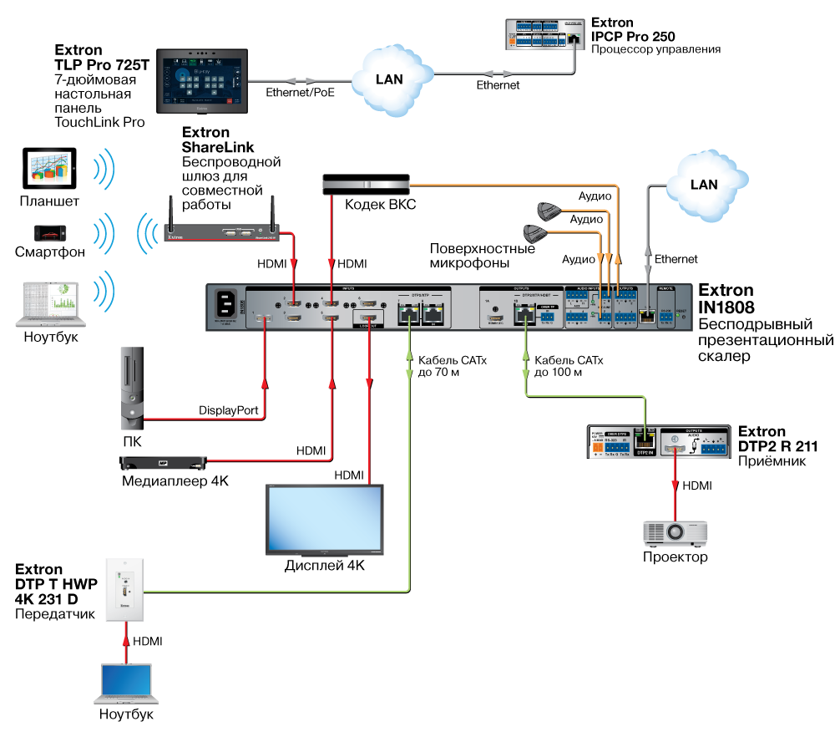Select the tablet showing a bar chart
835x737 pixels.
[49, 167]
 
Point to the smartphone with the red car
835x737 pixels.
[51, 232]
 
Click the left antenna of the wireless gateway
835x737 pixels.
[170, 211]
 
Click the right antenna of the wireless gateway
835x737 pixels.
[273, 211]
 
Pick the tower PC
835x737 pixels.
[131, 389]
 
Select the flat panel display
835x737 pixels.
[324, 518]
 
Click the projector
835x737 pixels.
[675, 532]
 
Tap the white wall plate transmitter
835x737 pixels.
[124, 589]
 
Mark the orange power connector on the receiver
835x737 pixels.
[598, 449]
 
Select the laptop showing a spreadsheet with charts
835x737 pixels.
[50, 303]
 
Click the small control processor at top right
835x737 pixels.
[544, 34]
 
